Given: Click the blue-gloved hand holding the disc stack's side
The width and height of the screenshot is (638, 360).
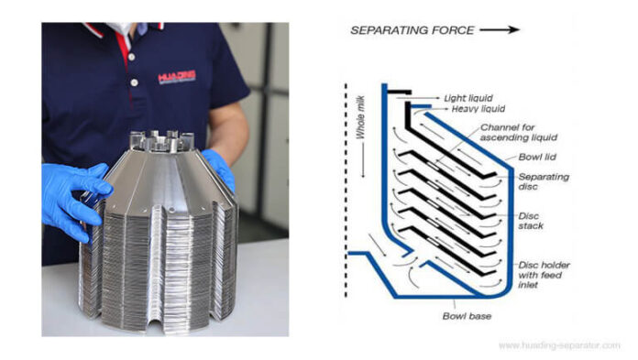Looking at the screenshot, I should (75, 195).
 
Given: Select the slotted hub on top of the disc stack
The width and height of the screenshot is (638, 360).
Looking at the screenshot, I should (162, 142).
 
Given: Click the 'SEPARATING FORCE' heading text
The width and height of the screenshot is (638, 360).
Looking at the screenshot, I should (412, 30).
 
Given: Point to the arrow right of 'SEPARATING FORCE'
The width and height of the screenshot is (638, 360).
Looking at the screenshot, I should (500, 30).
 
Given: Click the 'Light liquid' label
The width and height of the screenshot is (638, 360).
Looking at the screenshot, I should (467, 96).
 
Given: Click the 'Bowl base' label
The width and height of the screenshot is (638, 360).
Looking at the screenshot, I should (468, 316).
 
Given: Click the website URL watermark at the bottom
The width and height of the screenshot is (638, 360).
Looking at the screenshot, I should (559, 345).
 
